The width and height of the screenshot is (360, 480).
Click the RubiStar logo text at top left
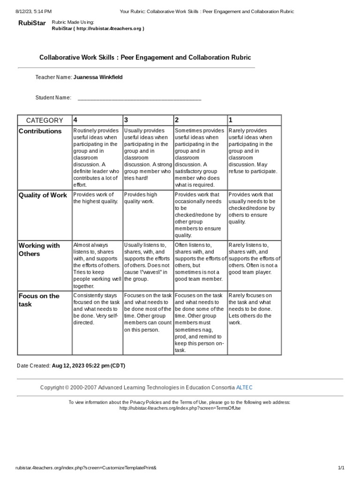[32, 23]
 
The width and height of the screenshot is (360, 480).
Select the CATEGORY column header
[44, 120]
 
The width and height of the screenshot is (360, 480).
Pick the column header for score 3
[126, 120]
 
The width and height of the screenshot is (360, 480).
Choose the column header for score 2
[177, 120]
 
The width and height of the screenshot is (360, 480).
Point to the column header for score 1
[231, 120]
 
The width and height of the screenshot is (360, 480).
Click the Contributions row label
[40, 131]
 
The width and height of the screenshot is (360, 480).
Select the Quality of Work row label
[43, 195]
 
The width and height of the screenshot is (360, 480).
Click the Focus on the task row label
[39, 300]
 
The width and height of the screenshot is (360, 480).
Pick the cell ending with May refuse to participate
[254, 150]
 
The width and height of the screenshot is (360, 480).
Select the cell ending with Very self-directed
[96, 309]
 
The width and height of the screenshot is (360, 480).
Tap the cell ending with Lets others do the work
[254, 309]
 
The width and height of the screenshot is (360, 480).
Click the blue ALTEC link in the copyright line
[244, 387]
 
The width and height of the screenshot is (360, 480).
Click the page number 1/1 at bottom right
[341, 468]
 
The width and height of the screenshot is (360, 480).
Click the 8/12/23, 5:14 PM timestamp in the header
[33, 11]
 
